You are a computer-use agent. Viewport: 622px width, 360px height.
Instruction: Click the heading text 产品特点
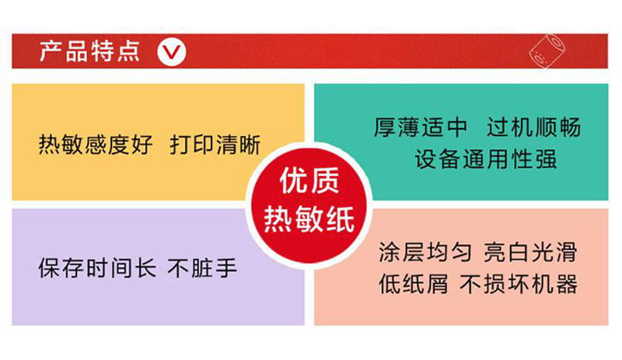pos(89,51)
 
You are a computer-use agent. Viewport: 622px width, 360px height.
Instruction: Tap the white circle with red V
pos(171,51)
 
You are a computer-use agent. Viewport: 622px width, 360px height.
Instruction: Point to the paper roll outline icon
pos(547,51)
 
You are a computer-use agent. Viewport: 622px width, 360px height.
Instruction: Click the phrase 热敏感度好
pos(96,144)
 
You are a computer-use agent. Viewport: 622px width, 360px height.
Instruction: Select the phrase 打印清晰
pos(215,144)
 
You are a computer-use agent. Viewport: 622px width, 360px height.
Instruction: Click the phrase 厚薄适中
pos(421,127)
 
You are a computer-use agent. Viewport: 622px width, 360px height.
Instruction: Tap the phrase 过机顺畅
pos(534,127)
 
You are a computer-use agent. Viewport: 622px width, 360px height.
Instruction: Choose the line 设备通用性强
pos(486,159)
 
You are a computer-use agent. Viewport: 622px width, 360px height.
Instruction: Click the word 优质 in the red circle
pos(309,180)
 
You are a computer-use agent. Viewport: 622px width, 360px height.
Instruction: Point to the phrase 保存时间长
pos(97,268)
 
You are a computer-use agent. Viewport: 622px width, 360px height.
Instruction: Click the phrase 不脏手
pos(202,268)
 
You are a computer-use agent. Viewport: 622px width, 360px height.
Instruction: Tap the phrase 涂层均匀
pos(425,252)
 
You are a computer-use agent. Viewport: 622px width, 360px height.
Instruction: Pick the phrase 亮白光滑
pos(530,252)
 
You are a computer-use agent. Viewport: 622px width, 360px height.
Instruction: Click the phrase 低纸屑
pos(414,284)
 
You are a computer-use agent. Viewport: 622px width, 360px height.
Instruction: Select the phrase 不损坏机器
pos(519,284)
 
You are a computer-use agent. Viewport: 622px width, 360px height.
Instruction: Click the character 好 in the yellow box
pos(142,144)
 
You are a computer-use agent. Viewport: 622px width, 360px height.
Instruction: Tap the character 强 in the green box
pos(546,159)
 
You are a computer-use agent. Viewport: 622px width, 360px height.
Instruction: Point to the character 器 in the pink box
pos(567,284)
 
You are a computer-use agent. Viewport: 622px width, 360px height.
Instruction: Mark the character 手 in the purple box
pos(226,268)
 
